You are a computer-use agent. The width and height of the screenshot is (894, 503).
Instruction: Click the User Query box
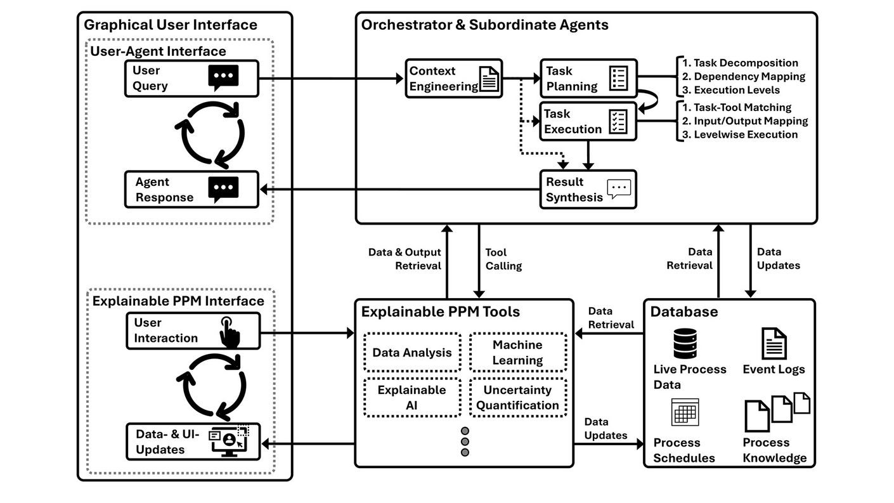click(x=192, y=78)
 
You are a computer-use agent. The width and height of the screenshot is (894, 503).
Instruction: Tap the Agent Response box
click(x=192, y=189)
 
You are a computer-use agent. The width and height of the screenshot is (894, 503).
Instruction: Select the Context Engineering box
click(x=453, y=79)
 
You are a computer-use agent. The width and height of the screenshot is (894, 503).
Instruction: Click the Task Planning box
click(x=588, y=79)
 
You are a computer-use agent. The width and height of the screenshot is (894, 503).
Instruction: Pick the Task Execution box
click(x=588, y=121)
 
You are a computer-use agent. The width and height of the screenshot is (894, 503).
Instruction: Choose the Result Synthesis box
click(x=588, y=189)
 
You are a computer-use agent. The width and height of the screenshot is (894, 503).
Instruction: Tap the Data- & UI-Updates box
click(x=192, y=441)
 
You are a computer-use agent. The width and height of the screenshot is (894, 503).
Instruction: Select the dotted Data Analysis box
click(x=412, y=353)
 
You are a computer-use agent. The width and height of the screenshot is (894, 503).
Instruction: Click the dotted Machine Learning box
click(x=517, y=353)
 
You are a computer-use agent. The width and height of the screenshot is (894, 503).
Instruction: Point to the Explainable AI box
click(x=412, y=398)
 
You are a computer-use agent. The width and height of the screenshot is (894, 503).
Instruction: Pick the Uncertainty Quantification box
click(x=517, y=398)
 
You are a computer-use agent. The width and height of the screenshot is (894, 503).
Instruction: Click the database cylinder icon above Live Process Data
click(x=685, y=343)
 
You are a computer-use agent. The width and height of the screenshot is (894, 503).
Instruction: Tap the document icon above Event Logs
click(x=774, y=343)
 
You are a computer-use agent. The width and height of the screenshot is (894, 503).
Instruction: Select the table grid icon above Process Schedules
click(x=685, y=412)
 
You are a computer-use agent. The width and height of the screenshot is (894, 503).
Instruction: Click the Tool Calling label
click(x=503, y=259)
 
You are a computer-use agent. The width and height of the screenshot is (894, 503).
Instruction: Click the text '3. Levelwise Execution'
click(x=739, y=134)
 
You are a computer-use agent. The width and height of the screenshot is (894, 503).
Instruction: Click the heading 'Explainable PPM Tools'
click(x=440, y=311)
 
